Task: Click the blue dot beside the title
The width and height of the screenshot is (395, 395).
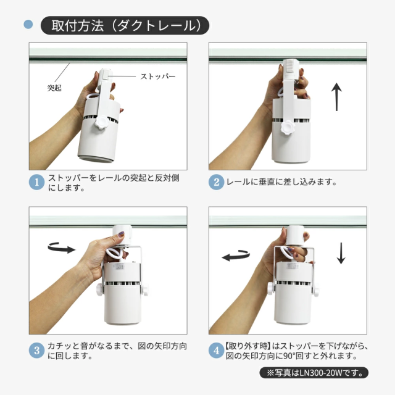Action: (28, 25)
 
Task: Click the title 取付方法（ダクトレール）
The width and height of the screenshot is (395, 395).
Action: (126, 26)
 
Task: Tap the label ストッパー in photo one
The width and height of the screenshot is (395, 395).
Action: (158, 76)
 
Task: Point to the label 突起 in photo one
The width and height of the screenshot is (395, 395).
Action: (54, 88)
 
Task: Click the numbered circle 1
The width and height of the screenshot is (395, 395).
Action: (37, 182)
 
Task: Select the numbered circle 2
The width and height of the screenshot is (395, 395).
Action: (217, 182)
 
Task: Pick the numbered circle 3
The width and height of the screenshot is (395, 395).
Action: (37, 351)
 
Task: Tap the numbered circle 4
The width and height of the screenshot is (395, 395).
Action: (217, 351)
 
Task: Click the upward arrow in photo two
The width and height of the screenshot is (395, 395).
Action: (336, 97)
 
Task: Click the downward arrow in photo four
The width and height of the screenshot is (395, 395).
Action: (341, 253)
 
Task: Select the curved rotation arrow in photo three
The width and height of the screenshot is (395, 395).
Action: (62, 248)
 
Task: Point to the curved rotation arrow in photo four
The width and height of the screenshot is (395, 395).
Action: (236, 256)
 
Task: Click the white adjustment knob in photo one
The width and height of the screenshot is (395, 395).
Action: (102, 122)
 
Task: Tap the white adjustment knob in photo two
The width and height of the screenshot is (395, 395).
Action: (287, 127)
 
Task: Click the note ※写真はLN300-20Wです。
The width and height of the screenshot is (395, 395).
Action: (314, 373)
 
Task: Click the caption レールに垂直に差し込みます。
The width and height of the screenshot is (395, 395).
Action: (281, 182)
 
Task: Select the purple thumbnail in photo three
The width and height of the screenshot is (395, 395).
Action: (121, 235)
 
